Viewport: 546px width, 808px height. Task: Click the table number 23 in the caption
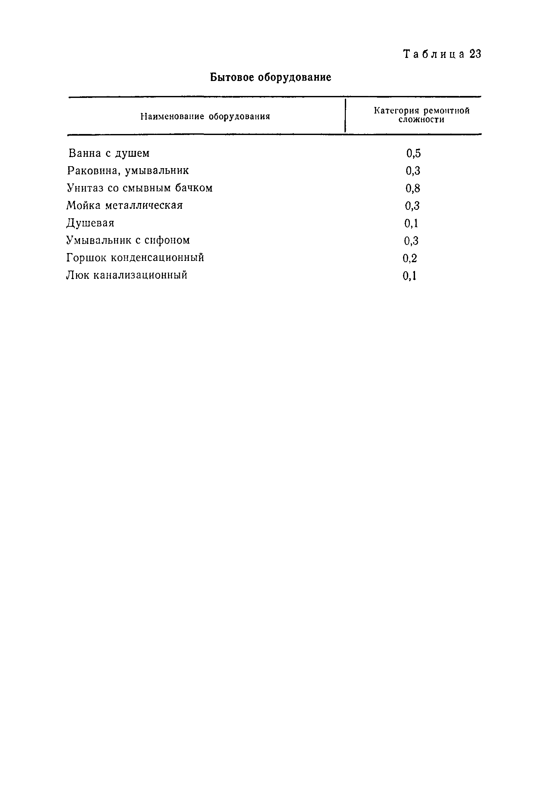coord(475,54)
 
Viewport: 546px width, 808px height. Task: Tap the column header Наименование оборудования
coord(205,116)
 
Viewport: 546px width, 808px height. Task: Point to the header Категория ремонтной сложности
coord(421,115)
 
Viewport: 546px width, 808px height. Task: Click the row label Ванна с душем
coord(109,153)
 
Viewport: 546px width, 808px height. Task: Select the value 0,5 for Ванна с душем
coord(413,153)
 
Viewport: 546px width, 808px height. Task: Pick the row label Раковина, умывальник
coord(128,170)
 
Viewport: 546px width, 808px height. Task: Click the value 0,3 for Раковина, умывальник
coord(413,171)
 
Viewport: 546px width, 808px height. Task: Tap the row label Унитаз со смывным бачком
coord(139,188)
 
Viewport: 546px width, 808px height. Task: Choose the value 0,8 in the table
coord(413,188)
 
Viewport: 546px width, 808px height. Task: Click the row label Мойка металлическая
coord(124,206)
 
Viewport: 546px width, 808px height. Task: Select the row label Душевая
coord(90,223)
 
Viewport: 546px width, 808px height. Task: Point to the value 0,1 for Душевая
coord(411,223)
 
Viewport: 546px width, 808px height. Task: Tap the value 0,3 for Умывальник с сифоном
coord(411,241)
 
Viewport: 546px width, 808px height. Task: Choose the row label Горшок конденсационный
coord(135,258)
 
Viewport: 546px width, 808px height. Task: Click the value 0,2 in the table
coord(410,258)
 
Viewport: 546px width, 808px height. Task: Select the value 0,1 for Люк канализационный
coord(409,276)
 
